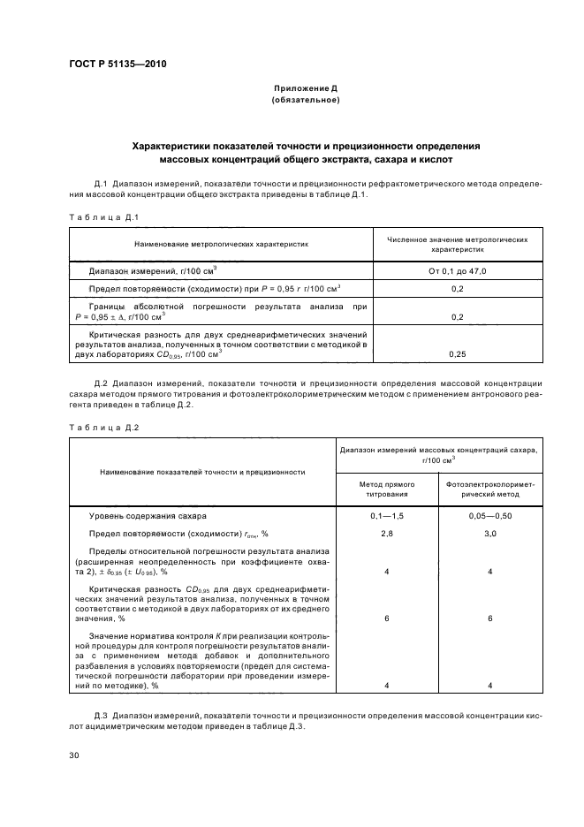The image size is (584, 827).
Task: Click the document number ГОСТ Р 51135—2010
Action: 117,64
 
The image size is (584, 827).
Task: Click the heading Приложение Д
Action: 305,89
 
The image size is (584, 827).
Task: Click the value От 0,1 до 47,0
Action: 457,270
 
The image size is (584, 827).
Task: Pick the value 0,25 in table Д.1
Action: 457,353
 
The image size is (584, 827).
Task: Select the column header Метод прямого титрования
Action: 386,489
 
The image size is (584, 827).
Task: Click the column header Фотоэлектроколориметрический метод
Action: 490,489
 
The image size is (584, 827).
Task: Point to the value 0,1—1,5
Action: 386,515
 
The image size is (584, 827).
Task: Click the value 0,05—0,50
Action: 490,515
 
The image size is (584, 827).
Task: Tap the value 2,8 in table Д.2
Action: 386,534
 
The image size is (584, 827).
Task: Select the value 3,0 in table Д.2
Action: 490,534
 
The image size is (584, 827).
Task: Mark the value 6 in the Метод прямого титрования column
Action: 386,618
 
